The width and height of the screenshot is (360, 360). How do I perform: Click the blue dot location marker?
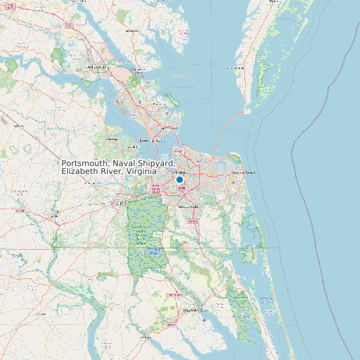[179, 179]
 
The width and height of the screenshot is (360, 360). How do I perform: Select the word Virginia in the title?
[141, 171]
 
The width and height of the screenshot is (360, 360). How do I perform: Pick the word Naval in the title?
[124, 163]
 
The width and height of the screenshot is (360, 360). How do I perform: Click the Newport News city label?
[153, 141]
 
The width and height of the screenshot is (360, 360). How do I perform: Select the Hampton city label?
[171, 128]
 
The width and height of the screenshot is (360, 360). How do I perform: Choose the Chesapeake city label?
[189, 207]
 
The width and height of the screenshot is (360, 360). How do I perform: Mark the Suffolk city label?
[122, 203]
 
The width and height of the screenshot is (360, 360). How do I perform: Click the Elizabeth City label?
[195, 310]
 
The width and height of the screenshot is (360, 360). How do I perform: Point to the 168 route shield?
[193, 221]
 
